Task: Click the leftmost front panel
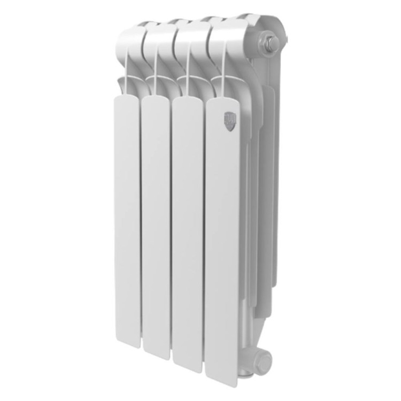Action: point(127,214)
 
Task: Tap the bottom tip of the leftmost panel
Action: point(129,342)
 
